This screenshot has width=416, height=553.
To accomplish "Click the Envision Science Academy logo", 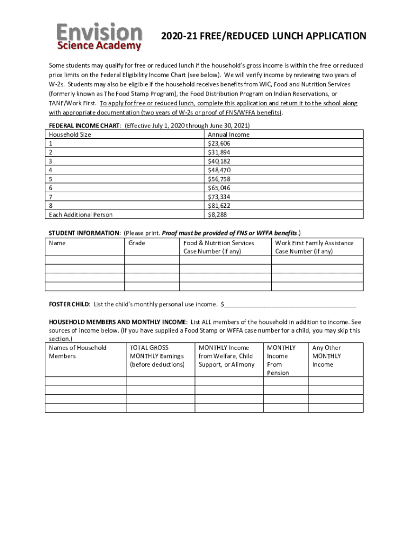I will pos(100,37).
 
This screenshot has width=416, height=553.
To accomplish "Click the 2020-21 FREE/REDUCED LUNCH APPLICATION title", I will pos(264,36).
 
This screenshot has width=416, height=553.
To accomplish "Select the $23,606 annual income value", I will pos(219,144).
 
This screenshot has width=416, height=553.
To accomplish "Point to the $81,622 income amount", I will pos(219,206).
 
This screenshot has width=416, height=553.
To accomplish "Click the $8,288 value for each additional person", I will pos(217,214).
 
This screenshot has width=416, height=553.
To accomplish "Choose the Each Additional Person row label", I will pos(80,214).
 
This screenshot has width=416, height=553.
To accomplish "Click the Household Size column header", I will pos(70,134).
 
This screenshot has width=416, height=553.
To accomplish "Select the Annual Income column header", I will pos(229,134).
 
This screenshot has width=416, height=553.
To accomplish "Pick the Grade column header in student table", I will pos(137,243).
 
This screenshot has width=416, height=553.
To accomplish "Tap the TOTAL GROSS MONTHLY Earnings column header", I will pos(157,356).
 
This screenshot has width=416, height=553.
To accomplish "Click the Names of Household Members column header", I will pos(77,352).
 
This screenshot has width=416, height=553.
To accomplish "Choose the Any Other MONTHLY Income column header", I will pos(327,356).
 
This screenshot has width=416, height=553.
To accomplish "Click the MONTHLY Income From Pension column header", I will pos(281,360).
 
